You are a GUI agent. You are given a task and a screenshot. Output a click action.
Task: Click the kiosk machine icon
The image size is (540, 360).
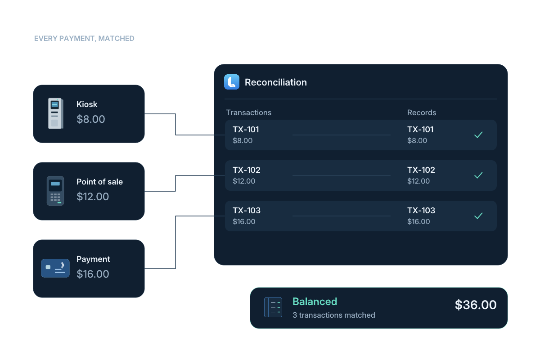click(56, 113)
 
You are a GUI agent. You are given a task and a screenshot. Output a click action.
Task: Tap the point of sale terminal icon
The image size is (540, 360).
click(55, 191)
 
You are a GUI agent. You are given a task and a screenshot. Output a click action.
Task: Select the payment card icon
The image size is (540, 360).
click(55, 268)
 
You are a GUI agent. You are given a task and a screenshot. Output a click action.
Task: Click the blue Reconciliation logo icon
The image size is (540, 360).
click(232, 82)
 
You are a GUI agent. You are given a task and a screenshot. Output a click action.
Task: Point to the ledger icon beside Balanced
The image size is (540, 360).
click(273, 307)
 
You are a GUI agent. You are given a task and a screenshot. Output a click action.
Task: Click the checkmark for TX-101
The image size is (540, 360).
click(478, 135)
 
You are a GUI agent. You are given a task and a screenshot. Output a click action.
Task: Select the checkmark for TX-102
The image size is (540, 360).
click(478, 175)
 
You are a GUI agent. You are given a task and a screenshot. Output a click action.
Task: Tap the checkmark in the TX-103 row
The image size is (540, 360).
click(478, 216)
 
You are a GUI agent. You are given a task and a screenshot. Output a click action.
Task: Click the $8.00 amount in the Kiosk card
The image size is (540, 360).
click(90, 119)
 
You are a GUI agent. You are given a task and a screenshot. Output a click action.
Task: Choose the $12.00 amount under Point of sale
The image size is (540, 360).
click(93, 197)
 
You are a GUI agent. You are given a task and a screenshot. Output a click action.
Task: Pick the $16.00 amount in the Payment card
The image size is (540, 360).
click(93, 274)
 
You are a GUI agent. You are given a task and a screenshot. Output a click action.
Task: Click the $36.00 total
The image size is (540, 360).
click(476, 305)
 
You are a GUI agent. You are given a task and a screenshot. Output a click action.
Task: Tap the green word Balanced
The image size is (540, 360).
click(315, 301)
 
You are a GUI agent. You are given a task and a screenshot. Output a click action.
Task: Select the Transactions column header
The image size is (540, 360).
click(248, 112)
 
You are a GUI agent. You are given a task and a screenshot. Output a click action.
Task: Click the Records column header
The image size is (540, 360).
click(422, 112)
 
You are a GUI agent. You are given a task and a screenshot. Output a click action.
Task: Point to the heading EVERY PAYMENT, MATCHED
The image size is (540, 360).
click(84, 39)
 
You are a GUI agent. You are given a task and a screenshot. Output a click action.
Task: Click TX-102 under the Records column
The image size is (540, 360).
click(421, 170)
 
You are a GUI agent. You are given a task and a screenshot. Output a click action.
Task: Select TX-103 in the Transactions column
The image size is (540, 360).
click(247, 211)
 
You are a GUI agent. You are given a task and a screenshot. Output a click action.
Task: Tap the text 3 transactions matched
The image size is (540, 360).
click(334, 315)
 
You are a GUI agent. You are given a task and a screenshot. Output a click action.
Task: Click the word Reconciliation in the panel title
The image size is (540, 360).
click(276, 82)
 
